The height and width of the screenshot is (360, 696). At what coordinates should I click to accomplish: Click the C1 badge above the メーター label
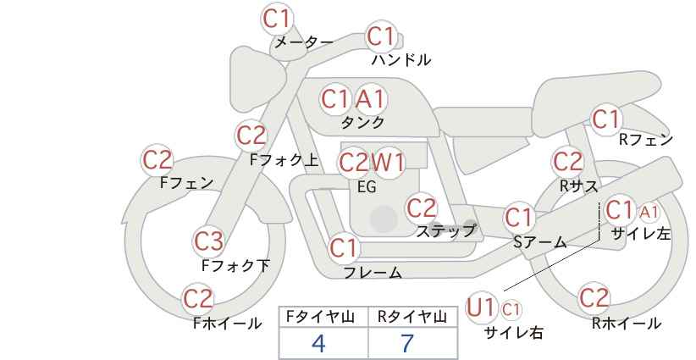click(276, 19)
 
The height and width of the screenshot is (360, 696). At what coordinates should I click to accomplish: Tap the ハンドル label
click(400, 59)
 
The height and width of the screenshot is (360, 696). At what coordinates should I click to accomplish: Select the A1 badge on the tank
click(370, 99)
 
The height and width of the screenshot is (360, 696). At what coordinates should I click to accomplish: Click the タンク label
click(362, 122)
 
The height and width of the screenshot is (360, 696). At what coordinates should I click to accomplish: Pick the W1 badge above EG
click(388, 163)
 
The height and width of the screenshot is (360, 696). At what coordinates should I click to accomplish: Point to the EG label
click(367, 187)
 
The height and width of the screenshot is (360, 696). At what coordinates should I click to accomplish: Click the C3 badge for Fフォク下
click(208, 241)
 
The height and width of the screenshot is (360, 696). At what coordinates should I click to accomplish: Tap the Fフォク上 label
click(284, 160)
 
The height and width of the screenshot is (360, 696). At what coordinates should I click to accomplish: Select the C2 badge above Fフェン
click(157, 160)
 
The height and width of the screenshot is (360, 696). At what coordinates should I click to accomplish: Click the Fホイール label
click(227, 324)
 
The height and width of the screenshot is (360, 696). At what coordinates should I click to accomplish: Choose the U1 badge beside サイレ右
click(480, 307)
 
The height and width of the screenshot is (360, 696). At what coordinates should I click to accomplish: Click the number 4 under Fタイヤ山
click(318, 343)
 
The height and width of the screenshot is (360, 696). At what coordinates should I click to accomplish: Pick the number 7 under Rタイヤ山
click(407, 343)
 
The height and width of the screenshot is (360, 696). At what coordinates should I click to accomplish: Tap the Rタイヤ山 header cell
click(412, 317)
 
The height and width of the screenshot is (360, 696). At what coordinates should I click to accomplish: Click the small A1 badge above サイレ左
click(649, 213)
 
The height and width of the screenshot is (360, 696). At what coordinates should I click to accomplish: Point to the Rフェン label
click(646, 140)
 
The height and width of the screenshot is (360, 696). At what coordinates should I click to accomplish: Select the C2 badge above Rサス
click(567, 162)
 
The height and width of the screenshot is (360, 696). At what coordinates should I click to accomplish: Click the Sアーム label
click(540, 242)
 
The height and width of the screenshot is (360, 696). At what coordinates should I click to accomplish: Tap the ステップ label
click(445, 231)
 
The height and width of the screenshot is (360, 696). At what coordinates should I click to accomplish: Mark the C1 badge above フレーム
click(344, 248)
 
